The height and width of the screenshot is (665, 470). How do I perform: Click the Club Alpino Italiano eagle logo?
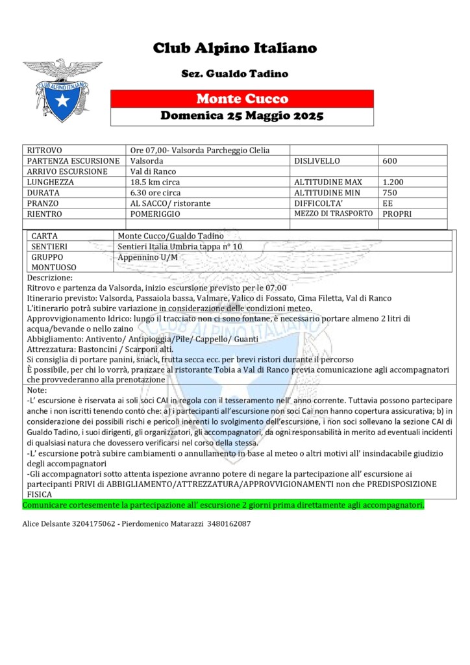coord(62,90)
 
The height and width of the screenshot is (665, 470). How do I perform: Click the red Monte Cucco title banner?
coord(242,99)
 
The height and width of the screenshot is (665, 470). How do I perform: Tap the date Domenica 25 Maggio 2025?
coord(242,117)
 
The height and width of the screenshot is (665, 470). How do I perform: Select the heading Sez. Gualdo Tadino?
coord(234,74)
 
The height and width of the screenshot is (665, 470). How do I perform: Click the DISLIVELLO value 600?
coord(390,161)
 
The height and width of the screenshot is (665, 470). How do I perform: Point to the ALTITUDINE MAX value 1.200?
coord(394,182)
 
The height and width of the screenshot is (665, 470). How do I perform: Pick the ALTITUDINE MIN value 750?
coord(390,193)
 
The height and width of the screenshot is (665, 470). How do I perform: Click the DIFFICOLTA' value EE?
coord(388,203)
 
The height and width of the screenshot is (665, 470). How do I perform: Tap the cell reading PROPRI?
coord(397,214)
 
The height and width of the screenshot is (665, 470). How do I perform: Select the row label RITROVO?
coord(45,151)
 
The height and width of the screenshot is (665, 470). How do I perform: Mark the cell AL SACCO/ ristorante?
coord(170,203)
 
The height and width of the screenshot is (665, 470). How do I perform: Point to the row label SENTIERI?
coord(49,247)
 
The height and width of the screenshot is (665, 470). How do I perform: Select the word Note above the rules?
coord(37,390)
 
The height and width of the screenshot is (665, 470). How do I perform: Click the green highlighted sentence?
coord(223,505)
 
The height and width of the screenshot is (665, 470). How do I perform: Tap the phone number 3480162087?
coord(229,523)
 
